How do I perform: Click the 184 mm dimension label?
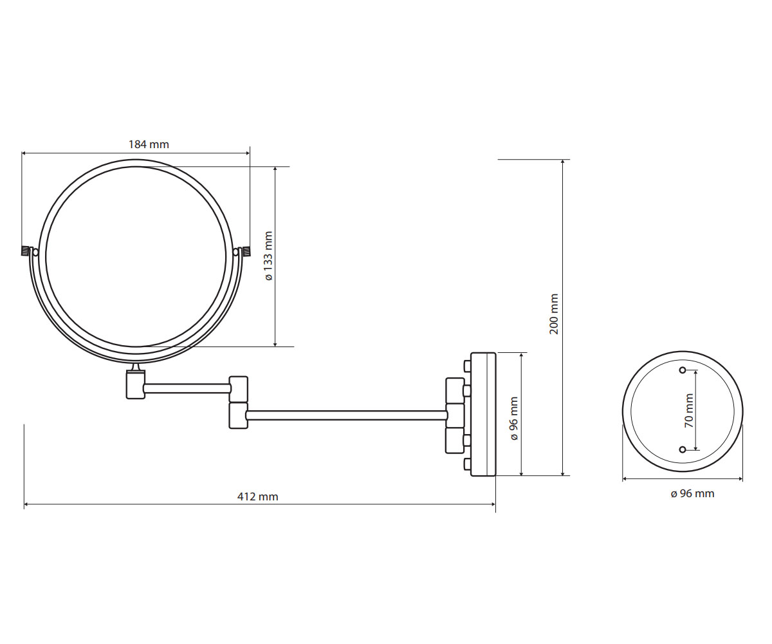[x=149, y=144]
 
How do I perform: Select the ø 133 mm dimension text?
[x=269, y=256]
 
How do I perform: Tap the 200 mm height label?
[x=554, y=314]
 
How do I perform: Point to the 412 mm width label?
[x=258, y=497]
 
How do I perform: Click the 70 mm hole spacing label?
[x=689, y=410]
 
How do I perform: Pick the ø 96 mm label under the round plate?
[x=692, y=493]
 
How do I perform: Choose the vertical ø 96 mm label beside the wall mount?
[x=514, y=418]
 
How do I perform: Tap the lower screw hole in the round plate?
[x=683, y=450]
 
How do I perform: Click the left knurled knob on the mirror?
[x=25, y=251]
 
